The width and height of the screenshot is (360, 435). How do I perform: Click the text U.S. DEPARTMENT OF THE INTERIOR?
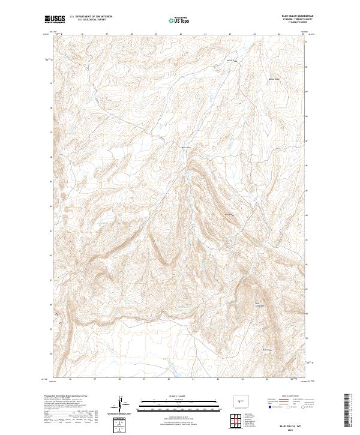[x=91, y=17]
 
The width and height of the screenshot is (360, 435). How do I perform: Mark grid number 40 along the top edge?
[x=181, y=34]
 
